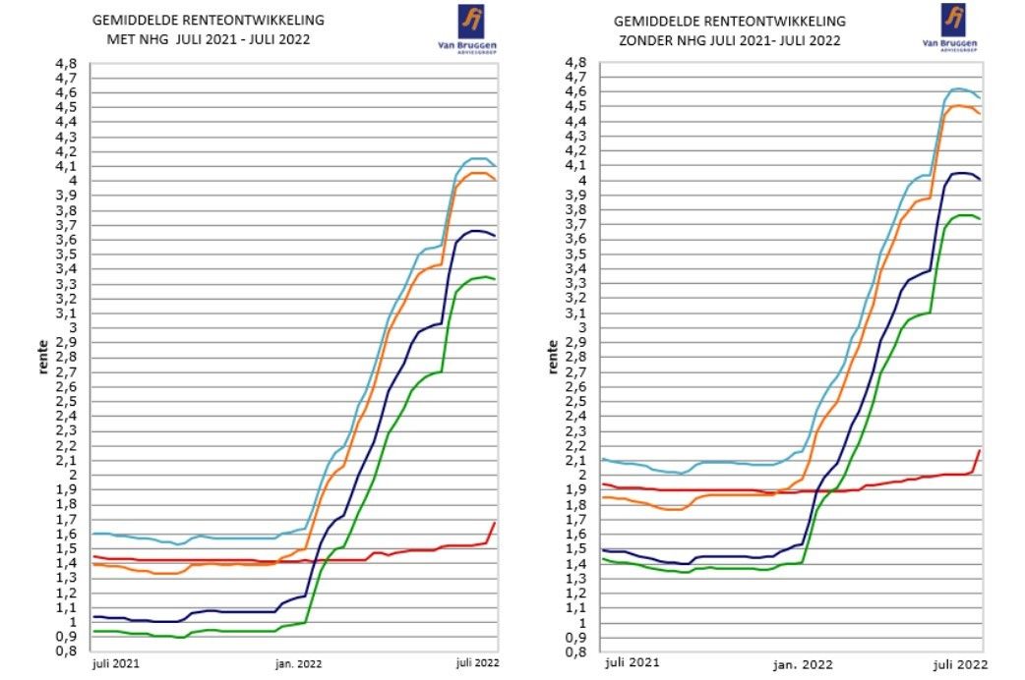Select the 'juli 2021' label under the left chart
coord(116,664)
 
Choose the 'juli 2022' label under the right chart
coord(958,664)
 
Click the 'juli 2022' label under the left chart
coord(477,664)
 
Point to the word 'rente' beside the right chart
coord(553,358)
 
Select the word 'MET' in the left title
coord(120,40)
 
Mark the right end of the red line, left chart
coord(494,522)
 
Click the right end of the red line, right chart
coord(980,450)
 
